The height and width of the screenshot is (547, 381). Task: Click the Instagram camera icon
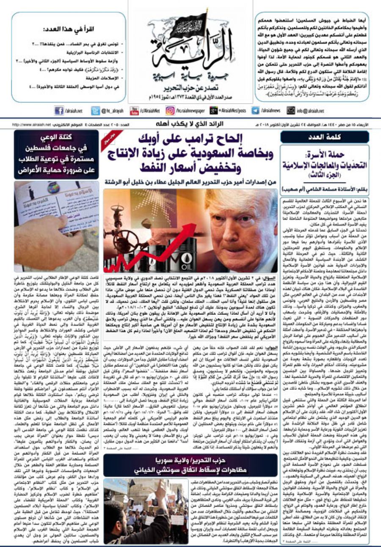170,111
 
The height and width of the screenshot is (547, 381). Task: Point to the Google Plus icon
214,111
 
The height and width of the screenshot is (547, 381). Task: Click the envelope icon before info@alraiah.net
291,111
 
